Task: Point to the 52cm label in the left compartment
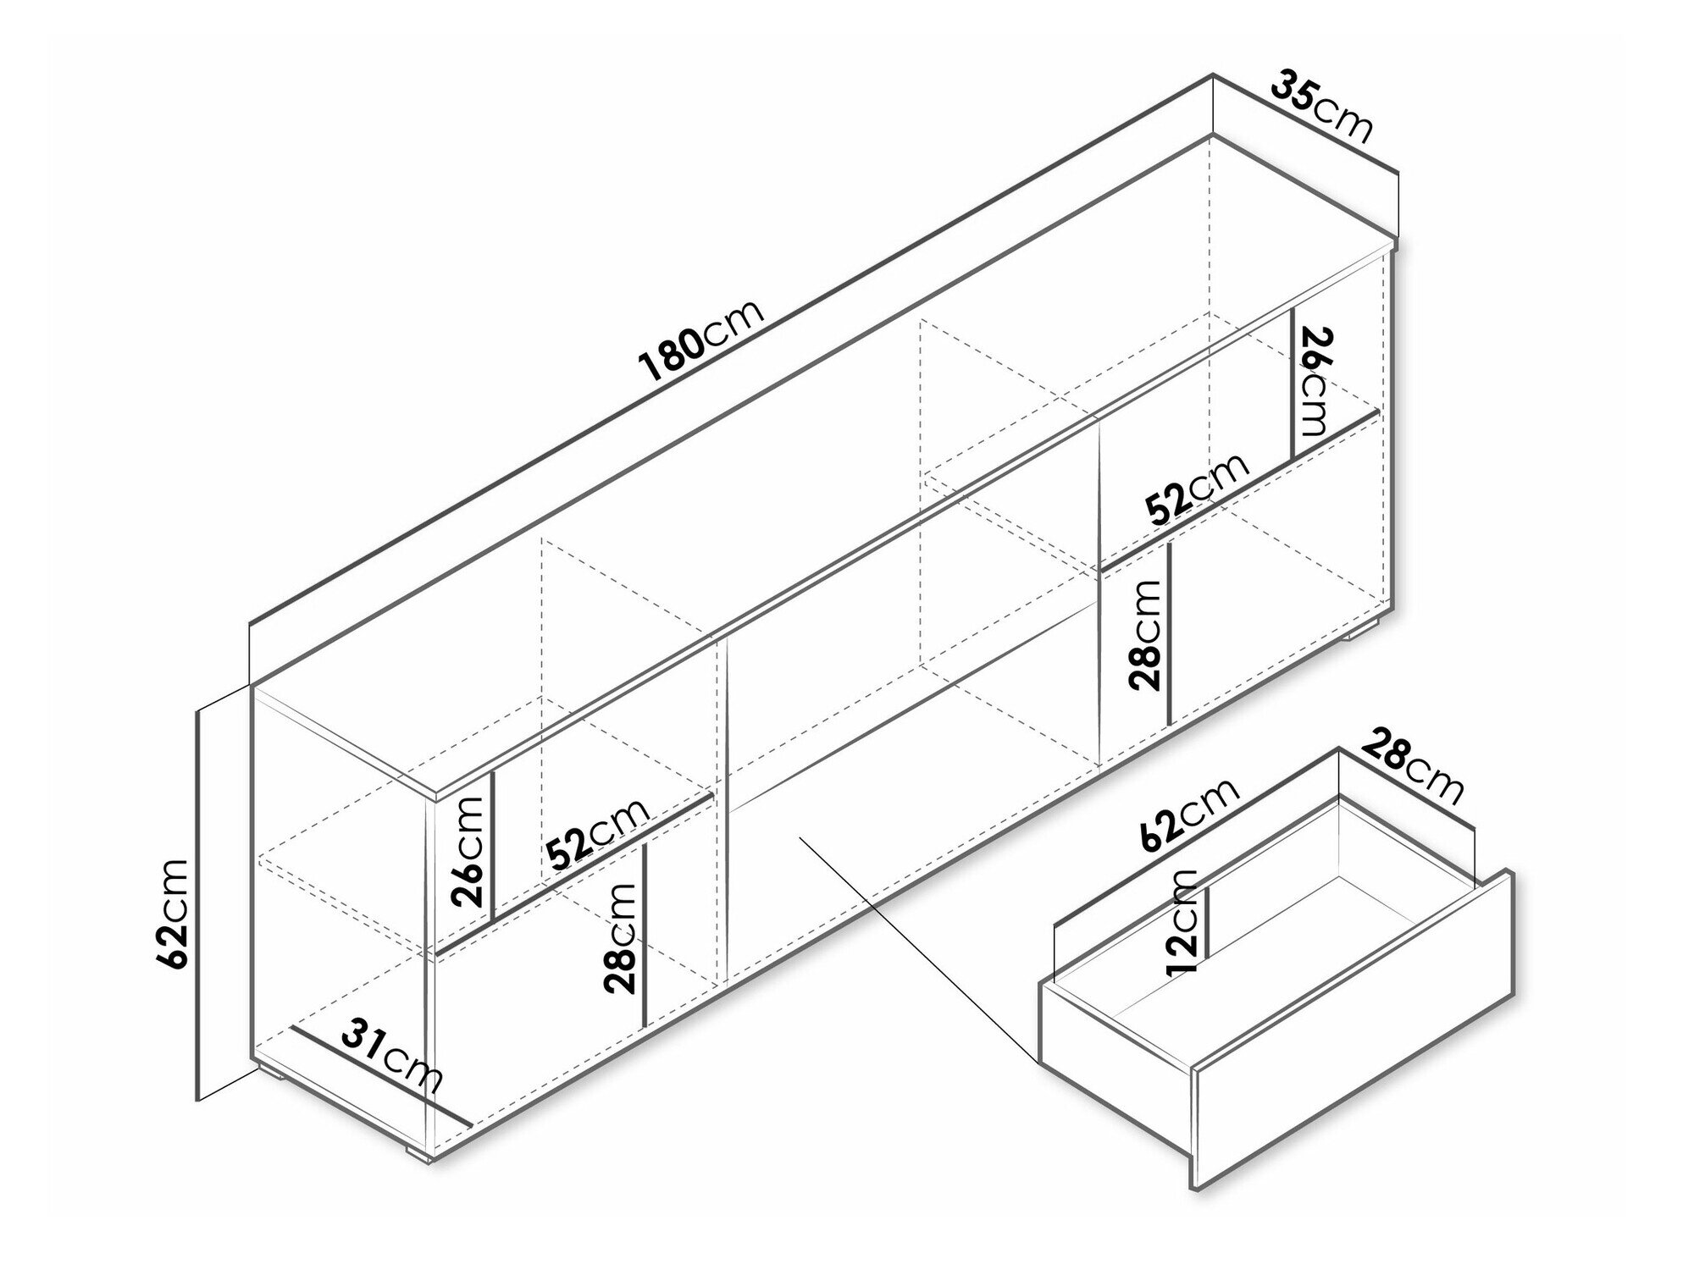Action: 598,834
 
